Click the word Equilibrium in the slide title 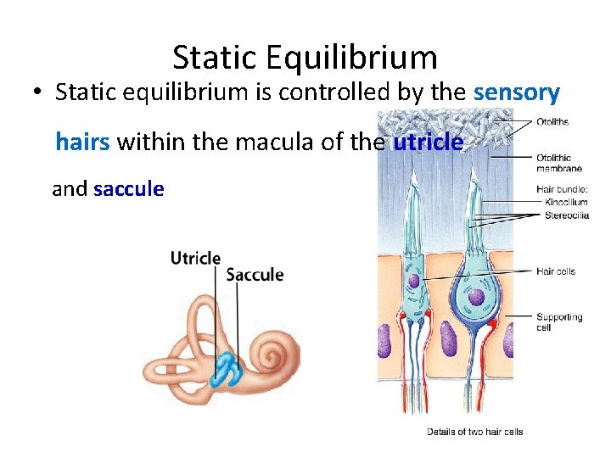point(351,58)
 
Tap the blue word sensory point(516,92)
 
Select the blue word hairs point(82,141)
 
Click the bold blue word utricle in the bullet point(429,142)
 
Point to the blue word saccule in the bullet point(128,188)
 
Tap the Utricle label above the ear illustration point(195,258)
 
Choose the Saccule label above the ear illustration point(255,275)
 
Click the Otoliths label point(552,122)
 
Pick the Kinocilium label point(566,202)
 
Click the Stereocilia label point(566,215)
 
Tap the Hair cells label point(556,271)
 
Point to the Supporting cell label point(558,321)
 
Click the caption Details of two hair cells point(474,432)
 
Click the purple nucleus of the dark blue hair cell point(477,296)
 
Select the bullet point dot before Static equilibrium point(39,93)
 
